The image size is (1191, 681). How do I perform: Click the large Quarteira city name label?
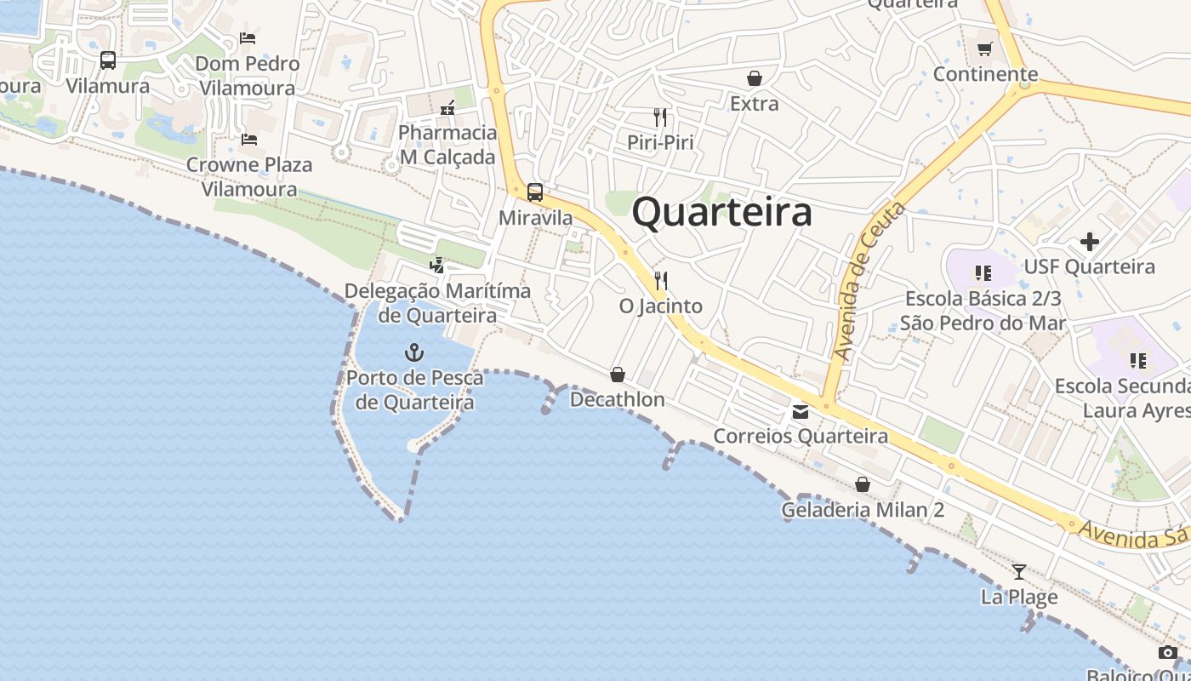pos(721,212)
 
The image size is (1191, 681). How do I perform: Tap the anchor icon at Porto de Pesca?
pos(414,352)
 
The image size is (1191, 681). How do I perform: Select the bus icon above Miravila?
pos(534,192)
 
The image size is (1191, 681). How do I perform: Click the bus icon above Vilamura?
pos(108,60)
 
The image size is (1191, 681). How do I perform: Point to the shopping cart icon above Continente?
pos(985,49)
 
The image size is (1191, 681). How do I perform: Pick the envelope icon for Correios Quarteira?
pos(800,412)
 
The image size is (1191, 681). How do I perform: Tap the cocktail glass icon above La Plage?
pos(1018,571)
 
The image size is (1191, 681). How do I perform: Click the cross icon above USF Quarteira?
pos(1089,242)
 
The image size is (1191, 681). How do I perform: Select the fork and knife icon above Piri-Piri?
pos(660,117)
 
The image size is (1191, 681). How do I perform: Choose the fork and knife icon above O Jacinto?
pos(660,280)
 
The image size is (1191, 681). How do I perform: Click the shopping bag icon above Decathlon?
pos(618,375)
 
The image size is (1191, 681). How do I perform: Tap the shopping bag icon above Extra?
pos(754,78)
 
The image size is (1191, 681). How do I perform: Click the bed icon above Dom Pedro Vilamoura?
pos(248,37)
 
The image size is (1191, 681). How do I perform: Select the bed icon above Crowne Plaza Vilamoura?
pos(248,139)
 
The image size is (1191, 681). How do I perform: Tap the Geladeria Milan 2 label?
pos(863,510)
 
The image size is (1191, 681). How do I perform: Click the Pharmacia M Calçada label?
pos(447,145)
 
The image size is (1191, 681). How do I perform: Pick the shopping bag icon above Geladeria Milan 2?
pos(863,484)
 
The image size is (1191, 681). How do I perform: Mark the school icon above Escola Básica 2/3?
pos(983,273)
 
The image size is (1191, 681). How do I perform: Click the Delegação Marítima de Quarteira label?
pos(437,303)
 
